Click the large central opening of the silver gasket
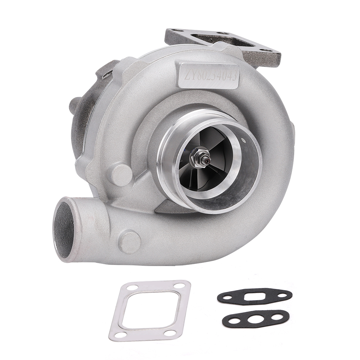pos(153,310)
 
